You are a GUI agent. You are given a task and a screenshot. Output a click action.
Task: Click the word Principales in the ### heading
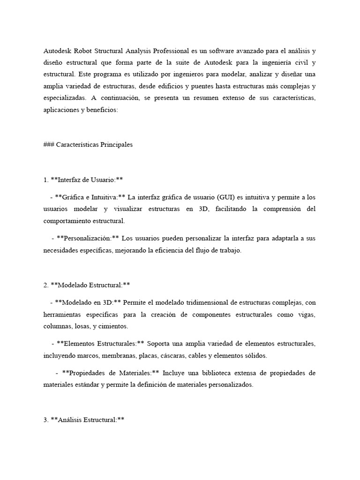(x=114, y=145)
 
